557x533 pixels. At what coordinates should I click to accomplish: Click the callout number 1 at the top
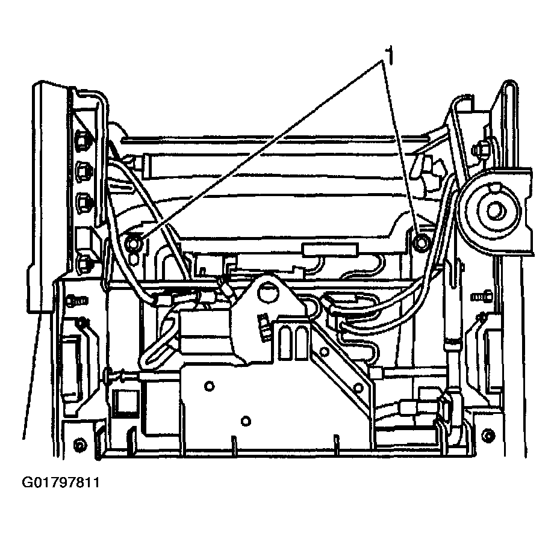click(390, 55)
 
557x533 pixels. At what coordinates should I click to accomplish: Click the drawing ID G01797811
click(61, 482)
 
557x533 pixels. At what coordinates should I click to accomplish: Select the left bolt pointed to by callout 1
click(133, 242)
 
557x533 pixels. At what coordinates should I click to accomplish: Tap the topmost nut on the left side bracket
click(82, 141)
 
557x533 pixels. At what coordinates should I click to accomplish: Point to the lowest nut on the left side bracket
click(84, 263)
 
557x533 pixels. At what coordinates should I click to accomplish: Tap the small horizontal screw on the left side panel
click(76, 301)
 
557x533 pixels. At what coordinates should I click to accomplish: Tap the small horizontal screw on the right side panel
click(481, 295)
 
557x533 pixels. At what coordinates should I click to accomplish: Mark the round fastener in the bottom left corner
click(80, 444)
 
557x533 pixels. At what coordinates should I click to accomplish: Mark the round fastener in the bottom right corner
click(489, 436)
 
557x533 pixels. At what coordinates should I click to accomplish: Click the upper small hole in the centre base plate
click(209, 386)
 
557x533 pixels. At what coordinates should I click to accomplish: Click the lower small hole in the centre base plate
click(246, 421)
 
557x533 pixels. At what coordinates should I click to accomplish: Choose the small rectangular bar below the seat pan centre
click(331, 249)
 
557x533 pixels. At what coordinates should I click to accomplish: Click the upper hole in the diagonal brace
click(324, 351)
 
